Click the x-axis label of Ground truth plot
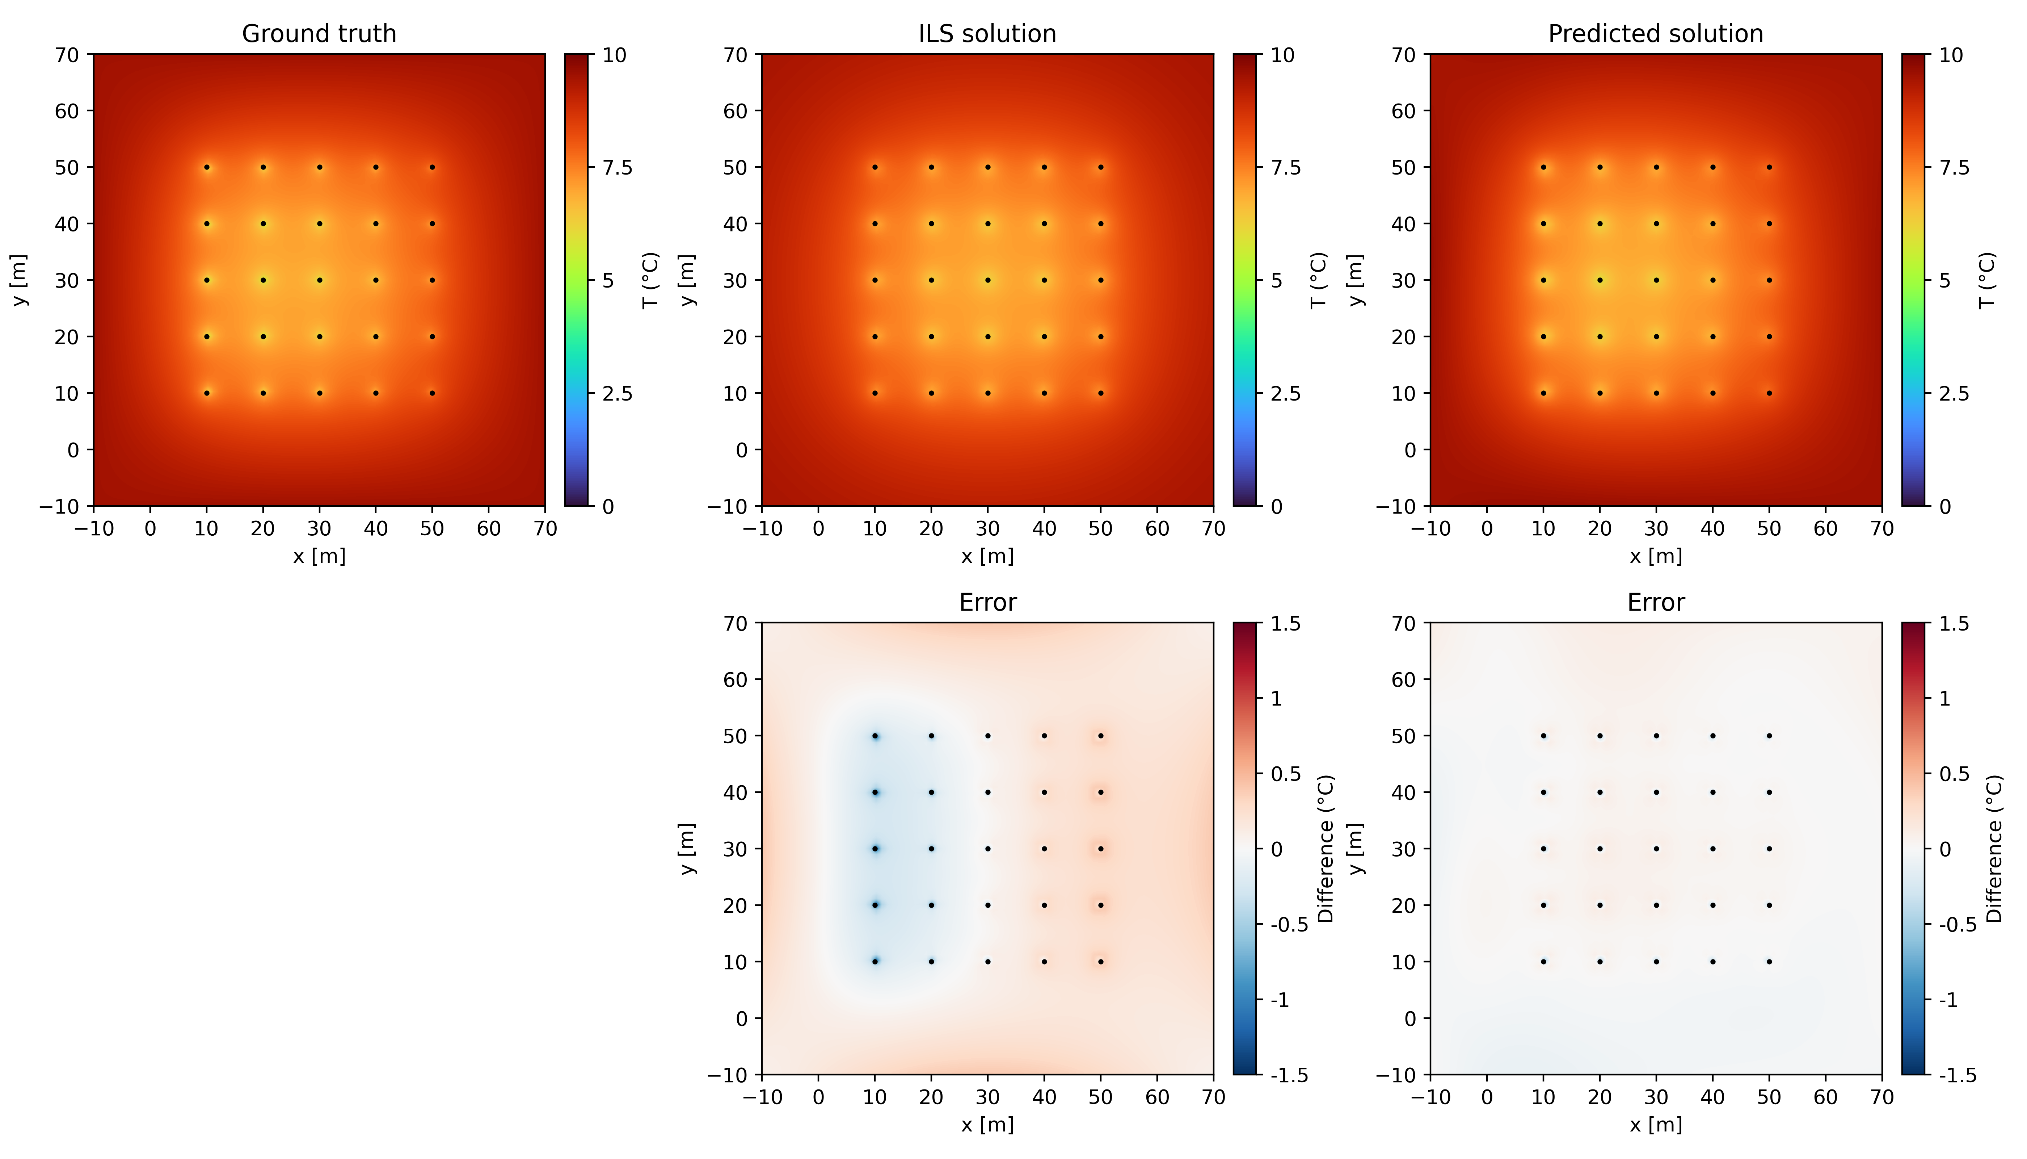tap(319, 556)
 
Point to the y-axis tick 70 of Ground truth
tap(67, 55)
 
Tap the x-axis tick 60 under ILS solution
tap(1157, 528)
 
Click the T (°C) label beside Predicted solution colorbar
tap(1986, 280)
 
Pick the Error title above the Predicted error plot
tap(1656, 603)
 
